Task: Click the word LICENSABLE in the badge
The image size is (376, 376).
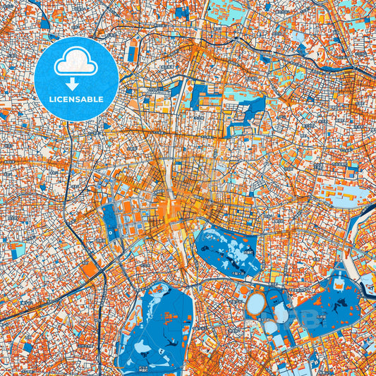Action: (x=76, y=99)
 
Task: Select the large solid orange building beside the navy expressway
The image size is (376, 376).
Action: (x=91, y=269)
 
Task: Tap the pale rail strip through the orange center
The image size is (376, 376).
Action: (x=170, y=198)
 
